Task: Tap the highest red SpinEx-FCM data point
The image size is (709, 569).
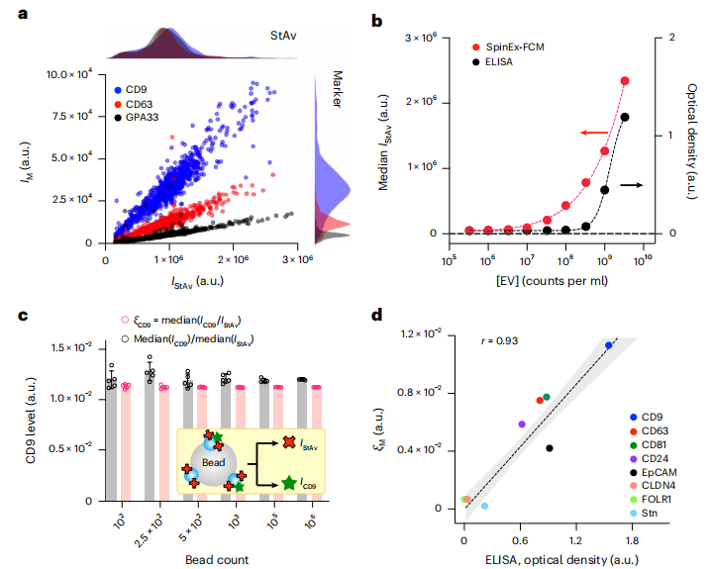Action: point(625,81)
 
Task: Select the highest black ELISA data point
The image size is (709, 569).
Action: point(625,117)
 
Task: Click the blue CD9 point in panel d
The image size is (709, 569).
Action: point(609,345)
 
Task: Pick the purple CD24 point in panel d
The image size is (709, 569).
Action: point(522,424)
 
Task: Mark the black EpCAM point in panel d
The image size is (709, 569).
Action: point(550,448)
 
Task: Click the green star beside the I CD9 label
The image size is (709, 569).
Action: point(290,483)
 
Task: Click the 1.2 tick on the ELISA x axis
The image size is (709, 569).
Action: point(575,541)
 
